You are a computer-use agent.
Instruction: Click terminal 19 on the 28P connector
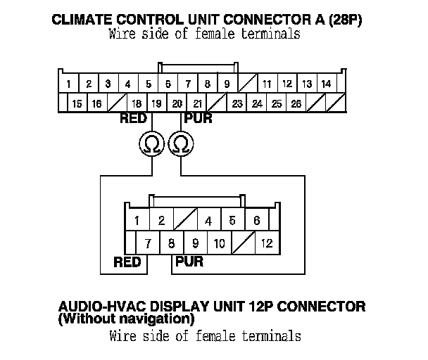coord(156,103)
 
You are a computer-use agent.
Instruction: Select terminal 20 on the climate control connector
coord(177,103)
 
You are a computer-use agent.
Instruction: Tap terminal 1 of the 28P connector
coord(68,84)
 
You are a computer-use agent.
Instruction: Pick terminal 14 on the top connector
coord(326,84)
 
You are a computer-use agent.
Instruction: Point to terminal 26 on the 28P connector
coord(296,103)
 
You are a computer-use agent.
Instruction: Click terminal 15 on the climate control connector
coord(77,103)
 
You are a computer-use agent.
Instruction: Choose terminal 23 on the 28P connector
coord(237,103)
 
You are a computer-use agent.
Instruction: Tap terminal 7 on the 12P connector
coord(149,244)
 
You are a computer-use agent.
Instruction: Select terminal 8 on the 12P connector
coord(172,244)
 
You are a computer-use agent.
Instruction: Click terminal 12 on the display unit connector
coord(266,244)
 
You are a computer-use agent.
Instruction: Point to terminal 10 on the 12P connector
coord(219,244)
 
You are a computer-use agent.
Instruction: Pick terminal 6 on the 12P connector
coord(256,221)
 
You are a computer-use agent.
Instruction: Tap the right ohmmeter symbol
coord(182,144)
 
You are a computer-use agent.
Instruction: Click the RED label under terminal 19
coord(133,119)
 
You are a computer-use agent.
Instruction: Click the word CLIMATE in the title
coord(86,20)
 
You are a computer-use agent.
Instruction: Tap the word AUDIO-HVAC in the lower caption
coord(103,307)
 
